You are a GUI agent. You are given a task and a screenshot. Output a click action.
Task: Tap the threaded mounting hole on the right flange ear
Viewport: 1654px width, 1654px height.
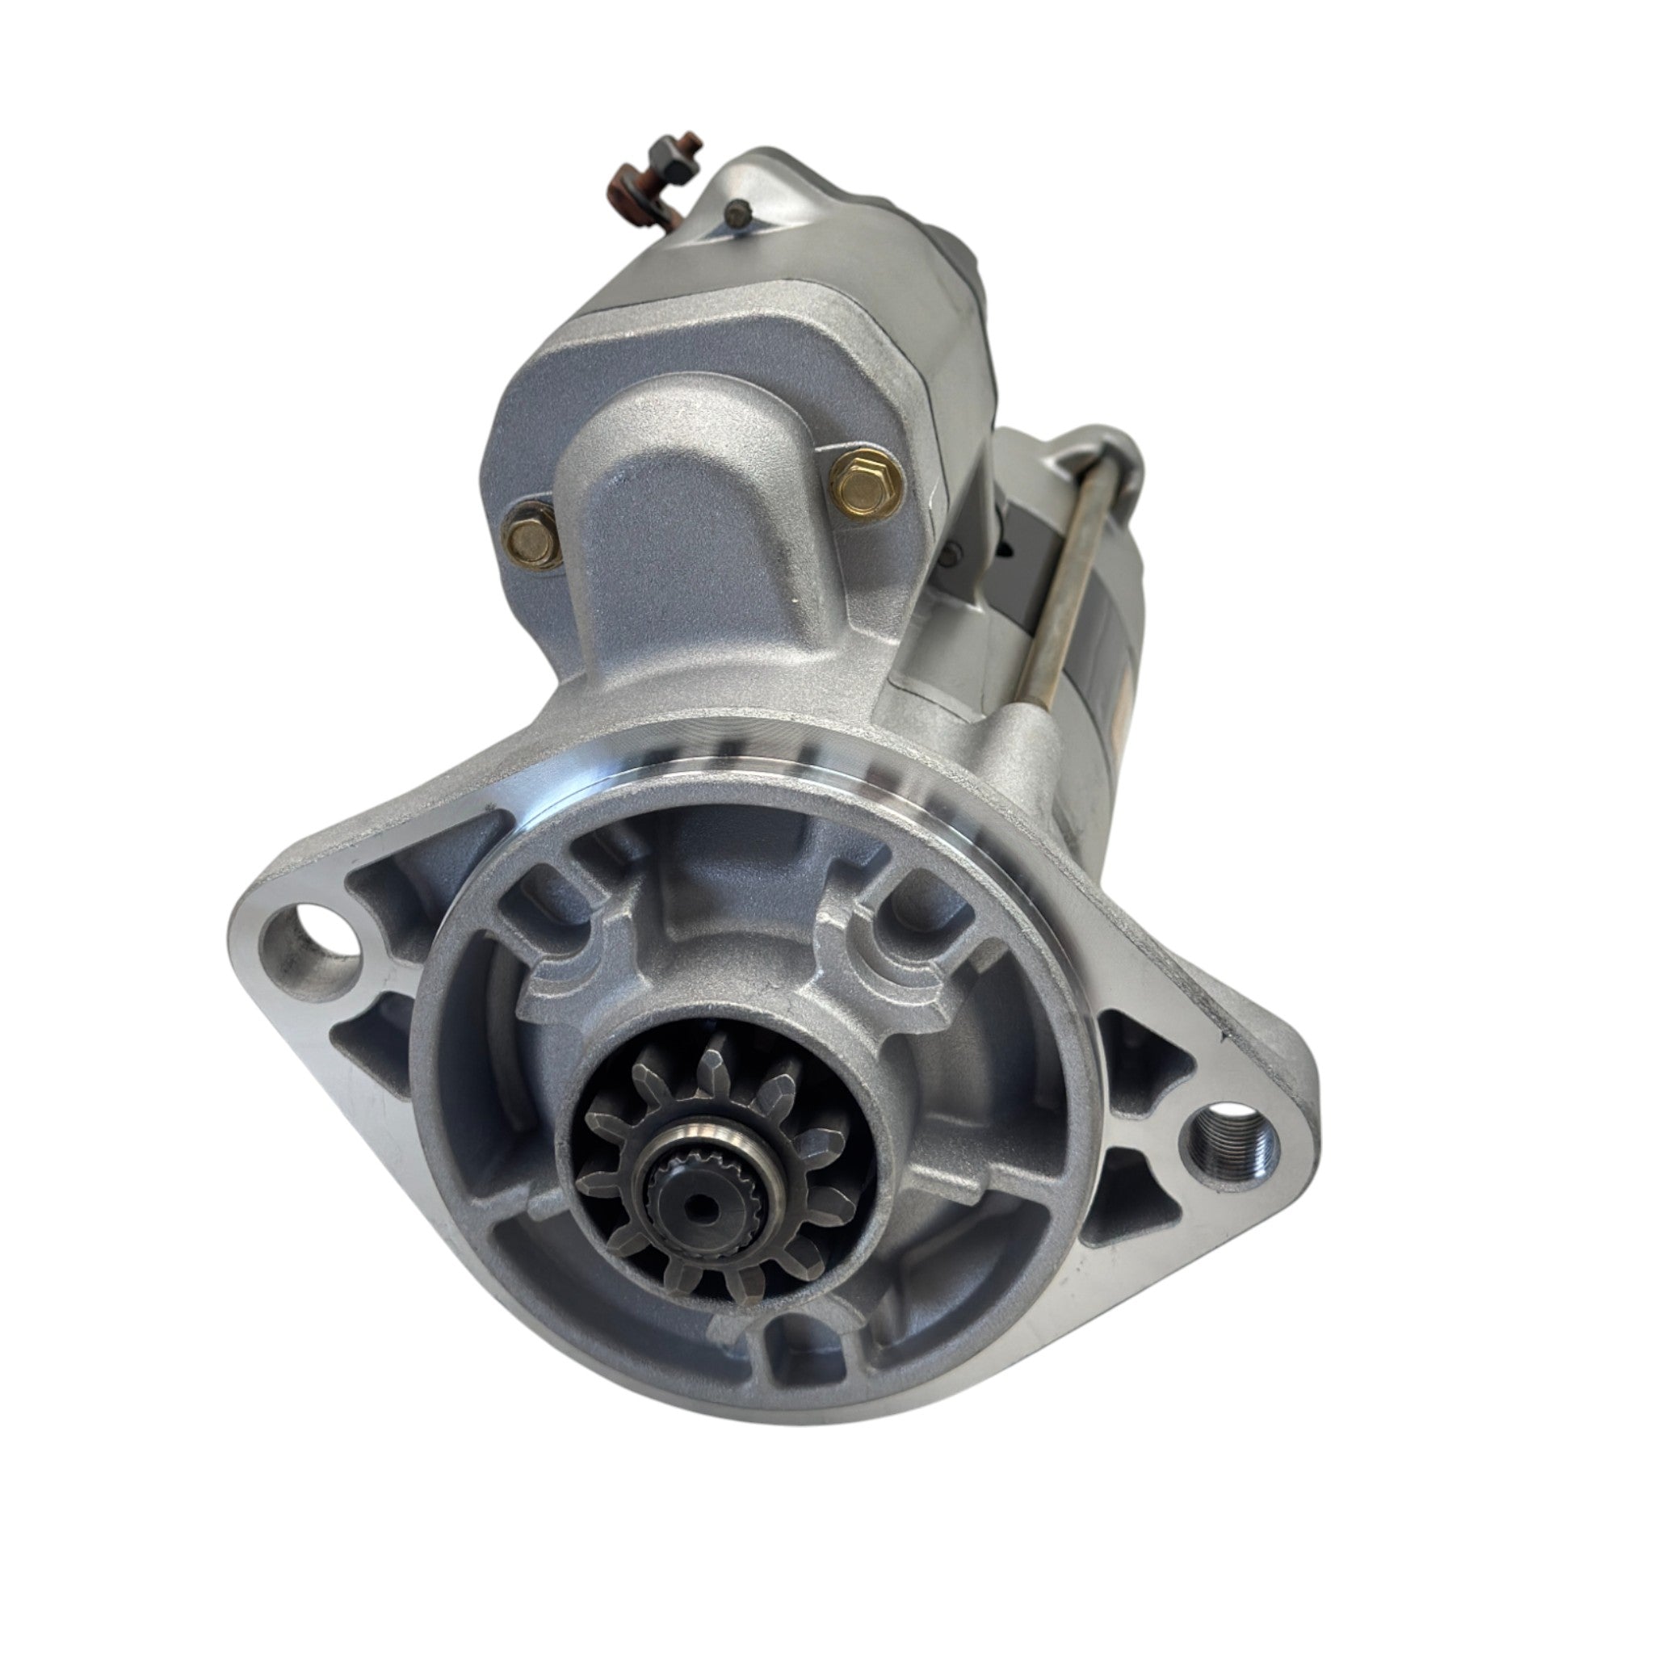pyautogui.click(x=1229, y=1144)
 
